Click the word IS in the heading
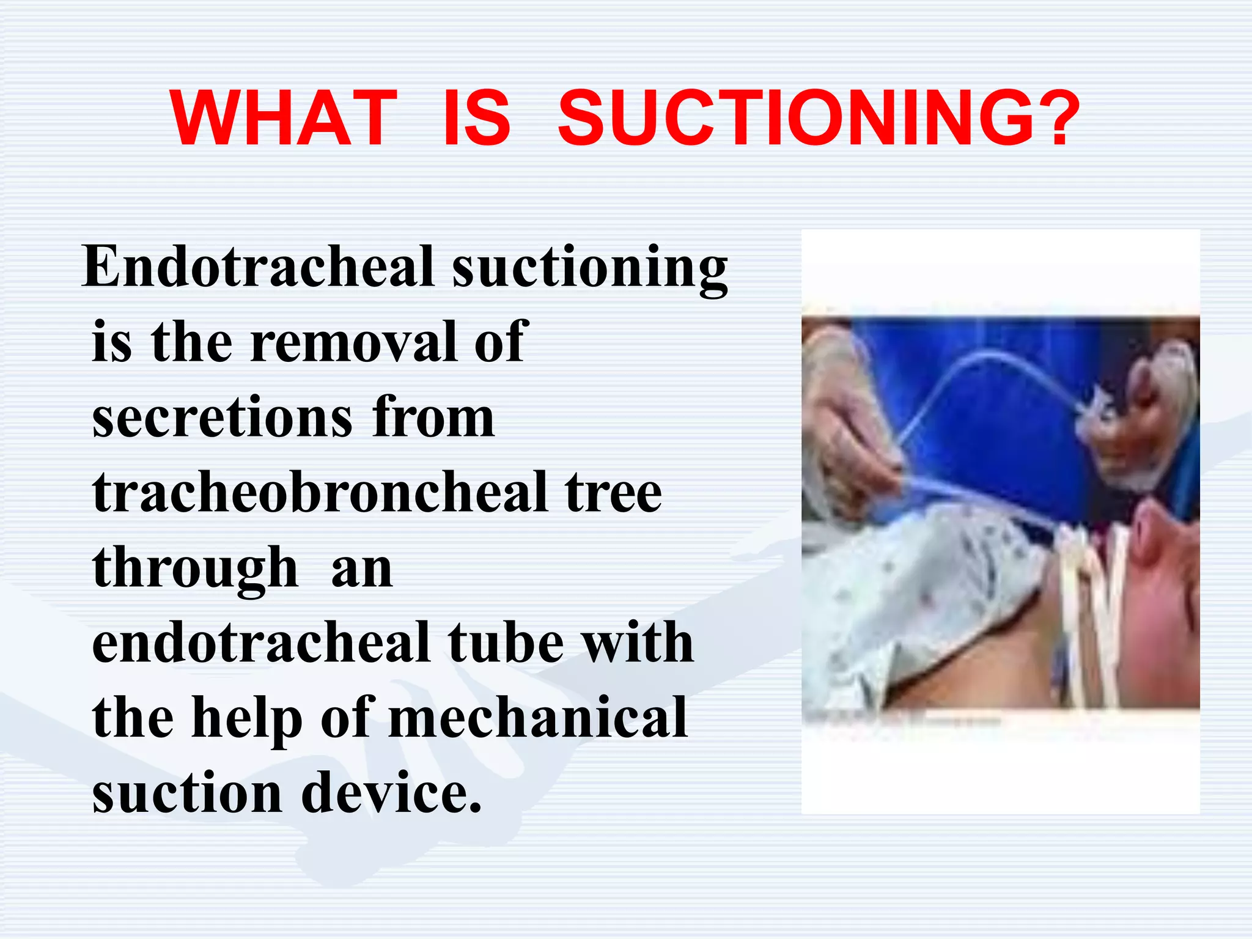(476, 119)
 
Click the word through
(195, 569)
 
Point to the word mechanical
(538, 718)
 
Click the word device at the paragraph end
(391, 794)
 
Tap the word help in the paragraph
(247, 718)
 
